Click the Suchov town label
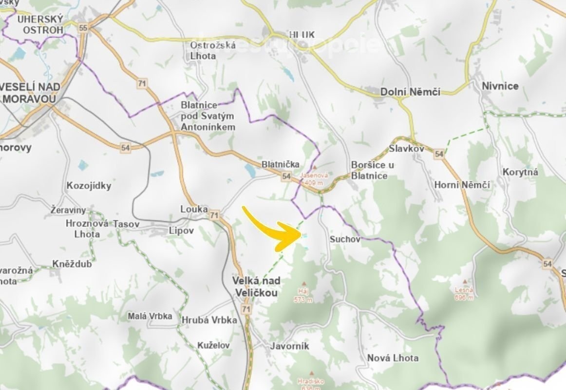click(x=344, y=239)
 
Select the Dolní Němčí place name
click(x=410, y=92)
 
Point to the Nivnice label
click(x=500, y=86)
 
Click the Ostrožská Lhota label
click(x=213, y=50)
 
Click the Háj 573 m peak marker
click(x=304, y=283)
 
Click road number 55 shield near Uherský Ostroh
click(x=83, y=28)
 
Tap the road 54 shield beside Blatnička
click(x=286, y=176)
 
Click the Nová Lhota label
click(x=393, y=358)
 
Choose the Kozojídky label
click(x=89, y=186)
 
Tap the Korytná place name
click(x=520, y=172)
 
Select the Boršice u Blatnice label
click(x=372, y=170)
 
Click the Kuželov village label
click(x=213, y=345)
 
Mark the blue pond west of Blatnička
click(x=250, y=170)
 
